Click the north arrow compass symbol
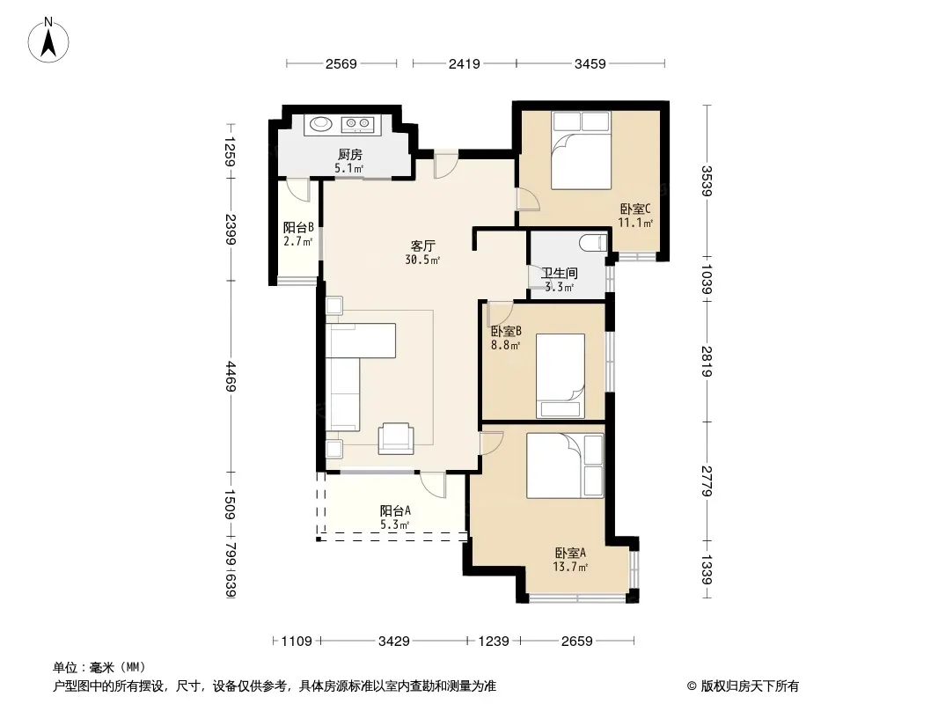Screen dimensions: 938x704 pyautogui.click(x=48, y=40)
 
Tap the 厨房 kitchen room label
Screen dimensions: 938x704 pyautogui.click(x=350, y=155)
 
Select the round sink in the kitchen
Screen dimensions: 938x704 pyautogui.click(x=321, y=124)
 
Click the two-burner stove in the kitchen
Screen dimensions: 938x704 pyautogui.click(x=358, y=124)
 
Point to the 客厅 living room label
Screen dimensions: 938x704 pyautogui.click(x=423, y=246)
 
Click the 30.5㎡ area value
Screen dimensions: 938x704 pyautogui.click(x=423, y=260)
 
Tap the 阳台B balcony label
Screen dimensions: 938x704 pyautogui.click(x=298, y=227)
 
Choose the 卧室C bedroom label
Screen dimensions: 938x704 pyautogui.click(x=634, y=209)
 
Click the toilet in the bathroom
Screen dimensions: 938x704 pyautogui.click(x=593, y=243)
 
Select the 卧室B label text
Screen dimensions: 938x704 pyautogui.click(x=506, y=331)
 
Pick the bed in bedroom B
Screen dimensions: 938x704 pyautogui.click(x=560, y=376)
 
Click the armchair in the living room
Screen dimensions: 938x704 pyautogui.click(x=395, y=437)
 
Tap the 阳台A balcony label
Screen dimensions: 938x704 pyautogui.click(x=395, y=510)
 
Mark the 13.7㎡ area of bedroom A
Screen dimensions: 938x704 pyautogui.click(x=570, y=567)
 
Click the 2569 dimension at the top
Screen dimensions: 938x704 pyautogui.click(x=341, y=63)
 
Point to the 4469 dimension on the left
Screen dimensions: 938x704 pyautogui.click(x=231, y=377)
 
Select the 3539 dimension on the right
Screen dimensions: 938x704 pyautogui.click(x=707, y=180)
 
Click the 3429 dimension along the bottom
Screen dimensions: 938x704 pyautogui.click(x=393, y=642)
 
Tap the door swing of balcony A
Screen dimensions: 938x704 pyautogui.click(x=433, y=484)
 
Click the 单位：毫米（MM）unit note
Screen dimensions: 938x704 pyautogui.click(x=99, y=667)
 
